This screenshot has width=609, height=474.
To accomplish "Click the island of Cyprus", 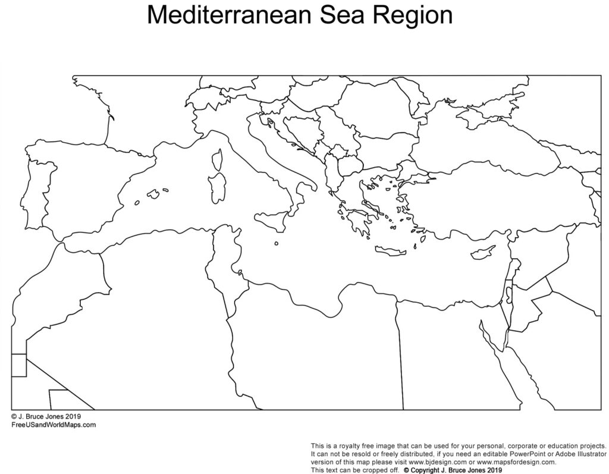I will [x=482, y=253].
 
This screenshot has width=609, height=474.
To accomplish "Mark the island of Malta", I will [x=277, y=243].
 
